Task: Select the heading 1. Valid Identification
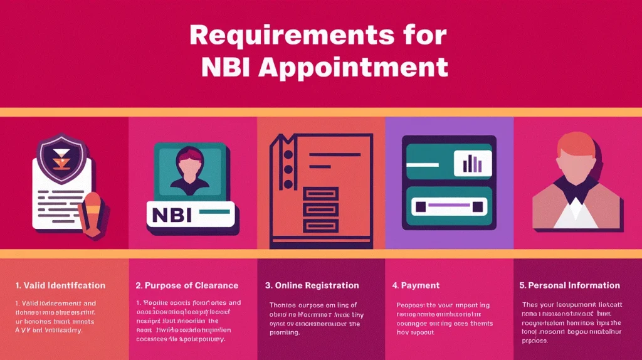[60, 285]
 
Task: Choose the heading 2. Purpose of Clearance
[187, 285]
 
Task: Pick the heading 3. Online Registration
[312, 285]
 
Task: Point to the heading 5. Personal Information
[569, 285]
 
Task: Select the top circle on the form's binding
[288, 152]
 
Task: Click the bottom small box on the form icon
[320, 225]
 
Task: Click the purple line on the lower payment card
[449, 205]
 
